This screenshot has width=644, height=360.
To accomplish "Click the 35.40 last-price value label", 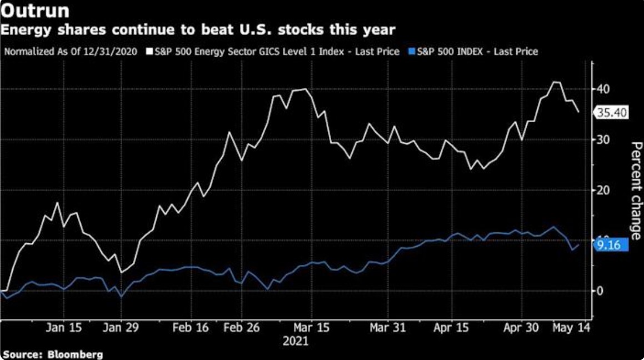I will pyautogui.click(x=612, y=113).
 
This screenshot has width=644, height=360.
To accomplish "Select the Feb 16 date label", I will pyautogui.click(x=190, y=328).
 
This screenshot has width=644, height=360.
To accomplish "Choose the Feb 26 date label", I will pyautogui.click(x=241, y=328).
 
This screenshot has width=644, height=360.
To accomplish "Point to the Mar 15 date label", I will pyautogui.click(x=312, y=328).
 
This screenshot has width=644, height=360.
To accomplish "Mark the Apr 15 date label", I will pyautogui.click(x=451, y=328).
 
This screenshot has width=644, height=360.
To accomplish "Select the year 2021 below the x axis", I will pyautogui.click(x=295, y=340).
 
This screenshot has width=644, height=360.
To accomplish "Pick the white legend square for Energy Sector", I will pyautogui.click(x=149, y=52).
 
